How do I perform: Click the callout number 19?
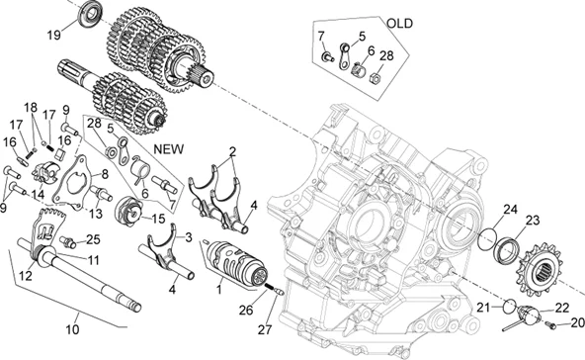[x=53, y=35]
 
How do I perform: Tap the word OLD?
[x=399, y=24]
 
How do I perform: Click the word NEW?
[x=169, y=149]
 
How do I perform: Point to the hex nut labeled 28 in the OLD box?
[x=376, y=78]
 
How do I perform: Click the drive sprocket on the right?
[x=544, y=269]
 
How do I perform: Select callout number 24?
[x=510, y=210]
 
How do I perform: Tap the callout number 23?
[x=533, y=221]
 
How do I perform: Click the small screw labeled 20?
[x=550, y=325]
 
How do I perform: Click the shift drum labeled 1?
[x=237, y=265]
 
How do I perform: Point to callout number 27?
[x=265, y=329]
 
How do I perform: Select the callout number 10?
[x=72, y=329]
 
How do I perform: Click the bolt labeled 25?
[x=67, y=241]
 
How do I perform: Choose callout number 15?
[x=158, y=219]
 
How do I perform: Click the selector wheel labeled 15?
[x=129, y=212]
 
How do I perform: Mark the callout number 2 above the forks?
[x=233, y=152]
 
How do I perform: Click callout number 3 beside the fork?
[x=189, y=237]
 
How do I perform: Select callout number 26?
[x=246, y=310]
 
